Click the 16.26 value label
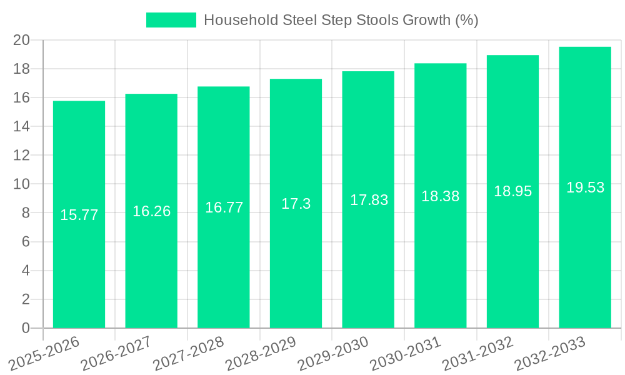[151, 211]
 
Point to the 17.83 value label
[369, 200]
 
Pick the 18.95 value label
[512, 191]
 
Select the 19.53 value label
[585, 187]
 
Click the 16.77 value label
[224, 207]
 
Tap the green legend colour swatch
[171, 20]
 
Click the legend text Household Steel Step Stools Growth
[341, 20]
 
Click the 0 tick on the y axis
[26, 328]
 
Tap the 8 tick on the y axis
[26, 213]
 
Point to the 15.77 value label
[79, 215]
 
